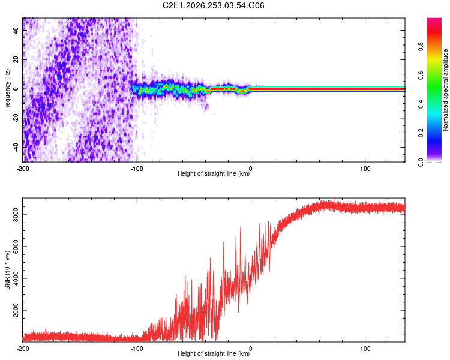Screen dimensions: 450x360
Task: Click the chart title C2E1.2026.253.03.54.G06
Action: (213, 5)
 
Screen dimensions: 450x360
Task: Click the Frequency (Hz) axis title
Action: (7, 90)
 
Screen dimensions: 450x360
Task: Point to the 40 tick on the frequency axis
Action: (16, 30)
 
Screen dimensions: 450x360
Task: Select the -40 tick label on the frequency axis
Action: (16, 148)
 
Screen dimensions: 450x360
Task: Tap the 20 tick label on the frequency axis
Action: (16, 59)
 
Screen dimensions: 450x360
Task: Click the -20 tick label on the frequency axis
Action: (16, 118)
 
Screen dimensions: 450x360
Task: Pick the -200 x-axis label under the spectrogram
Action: (23, 169)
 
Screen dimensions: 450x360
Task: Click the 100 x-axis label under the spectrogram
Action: (365, 169)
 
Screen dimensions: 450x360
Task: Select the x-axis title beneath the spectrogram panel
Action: (214, 173)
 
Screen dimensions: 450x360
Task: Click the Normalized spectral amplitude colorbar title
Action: (445, 90)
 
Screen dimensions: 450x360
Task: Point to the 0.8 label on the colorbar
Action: (421, 47)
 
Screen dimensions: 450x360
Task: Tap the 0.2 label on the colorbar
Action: (421, 133)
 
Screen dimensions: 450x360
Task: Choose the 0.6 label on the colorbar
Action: (421, 76)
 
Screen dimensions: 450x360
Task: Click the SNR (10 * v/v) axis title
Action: (7, 270)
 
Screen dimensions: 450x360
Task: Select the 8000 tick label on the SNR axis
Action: (16, 215)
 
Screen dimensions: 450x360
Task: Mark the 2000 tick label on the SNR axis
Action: (16, 310)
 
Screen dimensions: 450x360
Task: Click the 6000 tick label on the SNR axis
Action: (16, 247)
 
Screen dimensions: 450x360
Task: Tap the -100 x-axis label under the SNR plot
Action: (137, 349)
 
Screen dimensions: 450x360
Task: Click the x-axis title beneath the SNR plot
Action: (214, 353)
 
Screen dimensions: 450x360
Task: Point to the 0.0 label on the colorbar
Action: (421, 162)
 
